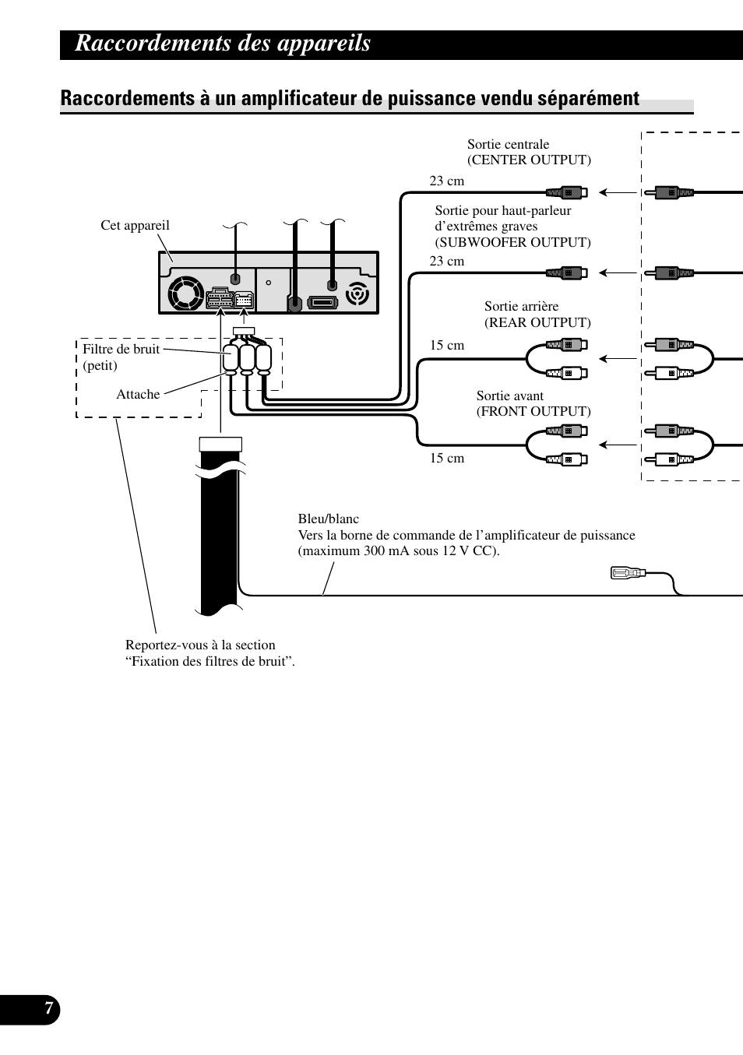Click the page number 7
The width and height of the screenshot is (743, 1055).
[49, 1008]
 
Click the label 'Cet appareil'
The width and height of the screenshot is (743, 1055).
[135, 225]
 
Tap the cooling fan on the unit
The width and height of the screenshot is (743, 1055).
[185, 292]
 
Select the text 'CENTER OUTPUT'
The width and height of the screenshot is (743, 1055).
[529, 160]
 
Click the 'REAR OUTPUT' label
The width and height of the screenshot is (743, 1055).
[537, 322]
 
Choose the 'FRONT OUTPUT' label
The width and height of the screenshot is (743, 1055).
[533, 411]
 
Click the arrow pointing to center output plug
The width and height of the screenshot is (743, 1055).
[618, 192]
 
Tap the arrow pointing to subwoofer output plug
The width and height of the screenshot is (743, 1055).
[618, 273]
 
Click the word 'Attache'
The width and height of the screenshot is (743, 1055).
[138, 394]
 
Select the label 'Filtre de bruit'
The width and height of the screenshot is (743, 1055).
[121, 349]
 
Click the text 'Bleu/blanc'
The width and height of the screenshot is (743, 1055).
[329, 519]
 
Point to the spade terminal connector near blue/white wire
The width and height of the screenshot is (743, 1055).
[628, 573]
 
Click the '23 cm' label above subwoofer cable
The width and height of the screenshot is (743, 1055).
[446, 262]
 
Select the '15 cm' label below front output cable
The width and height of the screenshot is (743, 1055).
[446, 459]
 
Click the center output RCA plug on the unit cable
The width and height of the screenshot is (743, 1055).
[567, 192]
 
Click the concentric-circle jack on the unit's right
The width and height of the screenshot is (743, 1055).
[357, 294]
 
